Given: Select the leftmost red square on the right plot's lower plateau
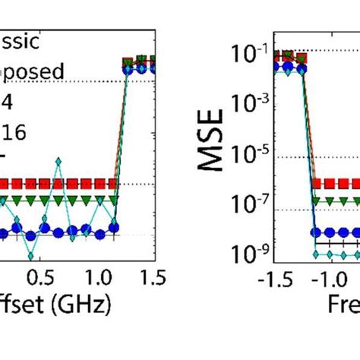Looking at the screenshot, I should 317,184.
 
